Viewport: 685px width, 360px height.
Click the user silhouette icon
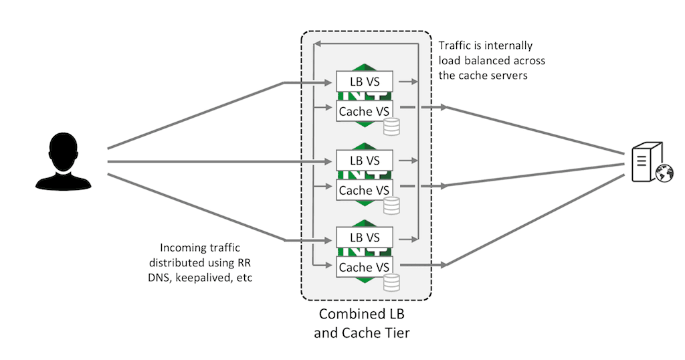69,161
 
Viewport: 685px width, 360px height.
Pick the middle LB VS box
364,161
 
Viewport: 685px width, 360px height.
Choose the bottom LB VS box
364,238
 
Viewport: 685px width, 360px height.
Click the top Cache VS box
364,110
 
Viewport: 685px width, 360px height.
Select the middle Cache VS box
364,190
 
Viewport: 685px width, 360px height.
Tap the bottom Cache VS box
364,267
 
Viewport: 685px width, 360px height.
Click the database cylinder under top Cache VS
391,126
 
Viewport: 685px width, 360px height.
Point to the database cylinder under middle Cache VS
391,205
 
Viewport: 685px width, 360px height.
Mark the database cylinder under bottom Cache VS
391,282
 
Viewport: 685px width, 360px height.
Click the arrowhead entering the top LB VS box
330,83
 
